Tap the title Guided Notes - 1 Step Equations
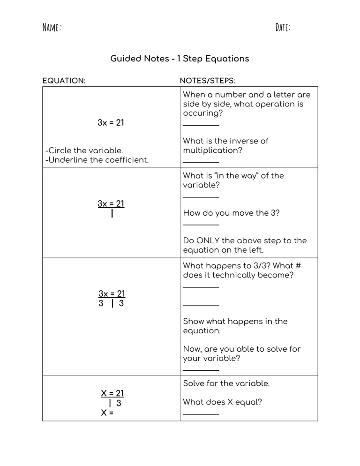pos(180,59)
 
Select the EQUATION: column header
pos(64,81)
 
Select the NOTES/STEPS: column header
pos(207,81)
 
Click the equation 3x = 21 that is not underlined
pos(111,123)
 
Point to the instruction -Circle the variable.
pos(84,150)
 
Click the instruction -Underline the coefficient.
pos(97,160)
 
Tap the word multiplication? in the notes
pos(212,150)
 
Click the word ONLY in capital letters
pos(215,241)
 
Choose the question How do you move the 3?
pos(231,213)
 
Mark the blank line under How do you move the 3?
pos(201,225)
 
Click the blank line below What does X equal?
pos(201,414)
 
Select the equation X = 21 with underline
pos(112,393)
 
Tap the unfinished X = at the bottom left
pos(107,413)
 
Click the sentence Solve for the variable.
pos(226,383)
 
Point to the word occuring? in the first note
pos(202,113)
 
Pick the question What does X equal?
pos(222,402)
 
